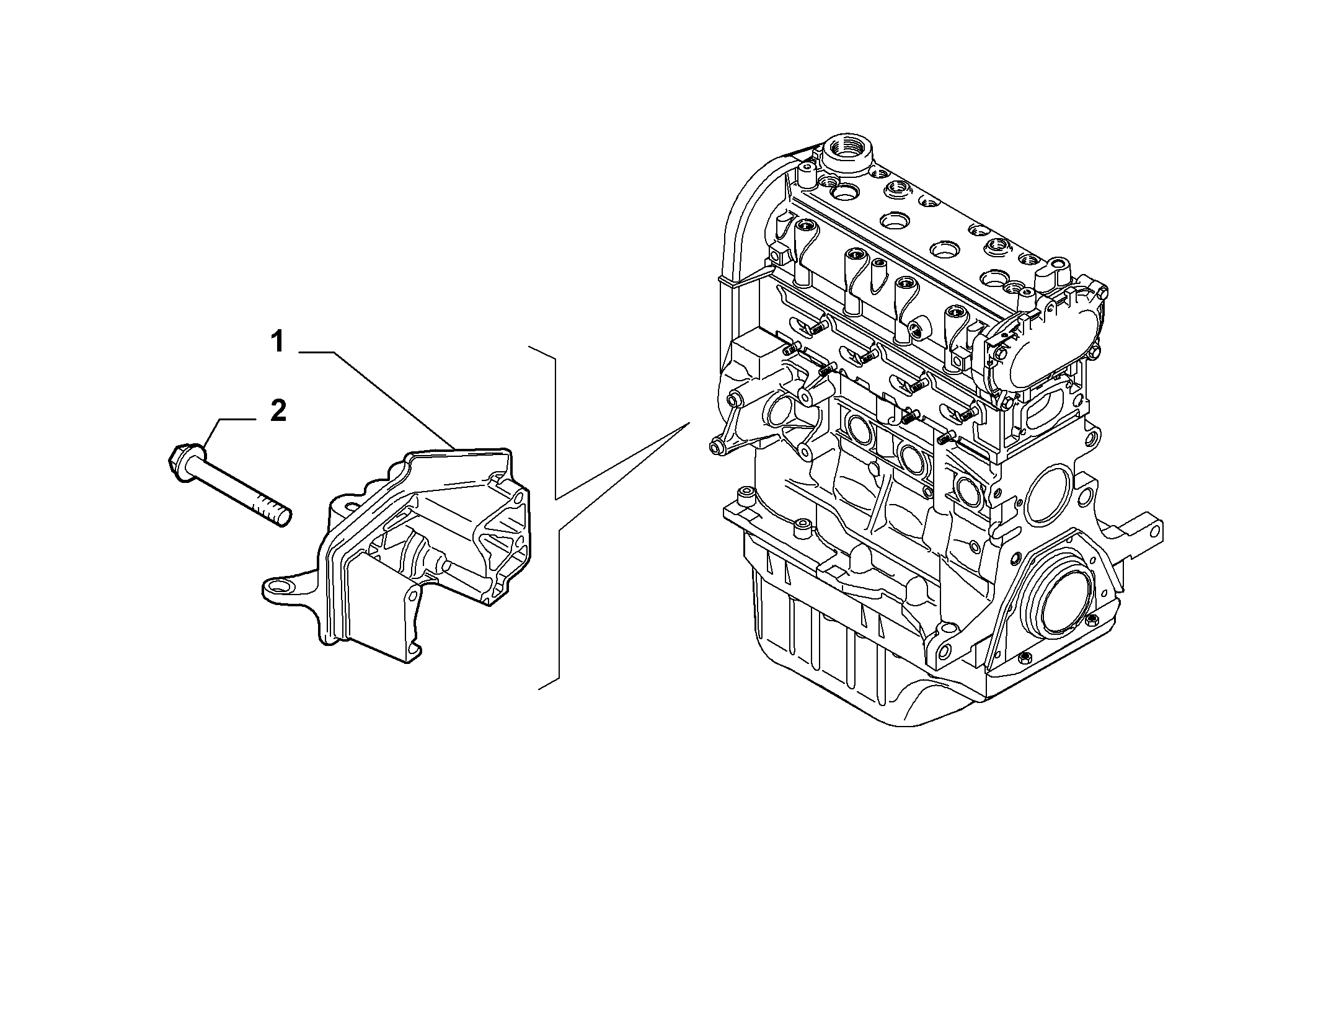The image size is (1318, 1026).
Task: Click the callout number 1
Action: [x=278, y=342]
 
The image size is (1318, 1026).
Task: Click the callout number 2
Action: [x=278, y=411]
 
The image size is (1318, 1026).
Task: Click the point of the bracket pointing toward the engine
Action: [x=689, y=423]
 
